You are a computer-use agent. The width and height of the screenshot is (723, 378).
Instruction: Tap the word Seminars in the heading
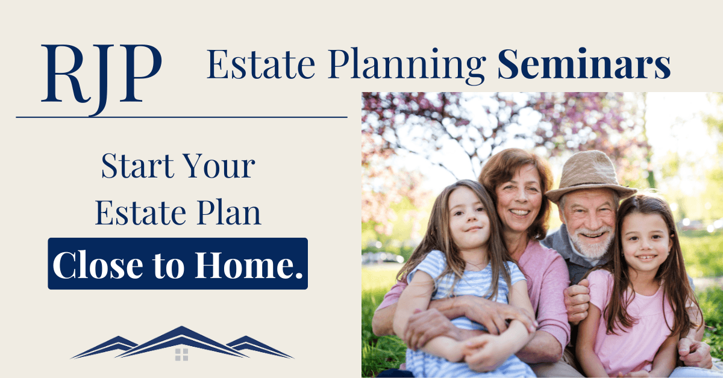[x=584, y=66]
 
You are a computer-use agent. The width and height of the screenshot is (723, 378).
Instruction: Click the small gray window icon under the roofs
[x=181, y=354]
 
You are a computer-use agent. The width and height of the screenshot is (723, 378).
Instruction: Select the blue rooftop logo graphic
[x=181, y=344]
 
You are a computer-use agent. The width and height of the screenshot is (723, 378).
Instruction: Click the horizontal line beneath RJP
[x=181, y=117]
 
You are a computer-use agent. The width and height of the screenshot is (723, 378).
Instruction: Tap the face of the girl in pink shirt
[x=644, y=241]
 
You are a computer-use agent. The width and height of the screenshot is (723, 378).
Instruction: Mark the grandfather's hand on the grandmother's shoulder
[x=576, y=298]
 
